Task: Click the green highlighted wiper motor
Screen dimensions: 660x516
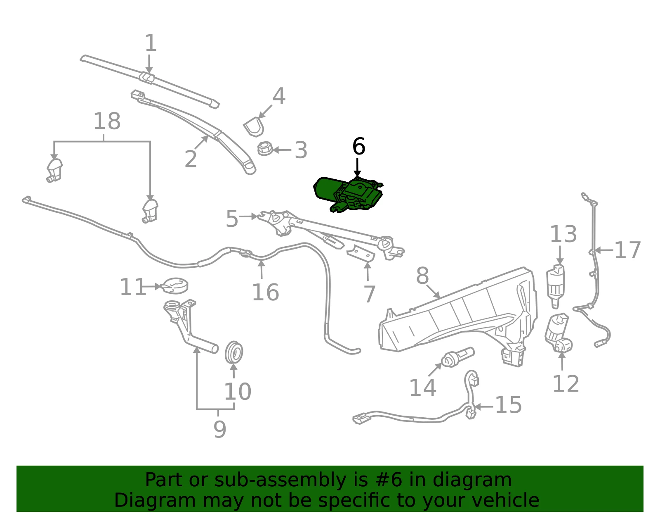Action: (x=348, y=195)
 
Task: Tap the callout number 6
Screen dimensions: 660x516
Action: (x=358, y=146)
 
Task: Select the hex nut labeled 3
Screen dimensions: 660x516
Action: (x=265, y=148)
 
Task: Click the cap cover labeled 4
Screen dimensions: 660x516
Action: (x=254, y=127)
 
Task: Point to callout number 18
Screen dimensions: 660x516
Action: (x=107, y=121)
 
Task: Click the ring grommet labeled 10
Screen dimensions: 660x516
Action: (x=234, y=352)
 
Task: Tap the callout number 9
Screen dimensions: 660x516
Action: (x=219, y=429)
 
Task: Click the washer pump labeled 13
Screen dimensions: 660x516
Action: (x=556, y=286)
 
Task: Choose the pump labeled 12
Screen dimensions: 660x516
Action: (x=558, y=333)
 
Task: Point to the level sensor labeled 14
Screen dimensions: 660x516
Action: (x=457, y=358)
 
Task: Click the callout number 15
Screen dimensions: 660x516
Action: (x=509, y=405)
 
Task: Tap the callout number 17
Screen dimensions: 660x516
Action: (x=627, y=250)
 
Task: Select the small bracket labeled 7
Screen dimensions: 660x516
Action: (x=361, y=254)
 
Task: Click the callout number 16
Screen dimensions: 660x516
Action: (x=266, y=292)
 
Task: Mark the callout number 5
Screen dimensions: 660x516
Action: (x=232, y=218)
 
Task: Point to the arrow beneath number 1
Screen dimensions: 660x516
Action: (x=149, y=64)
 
